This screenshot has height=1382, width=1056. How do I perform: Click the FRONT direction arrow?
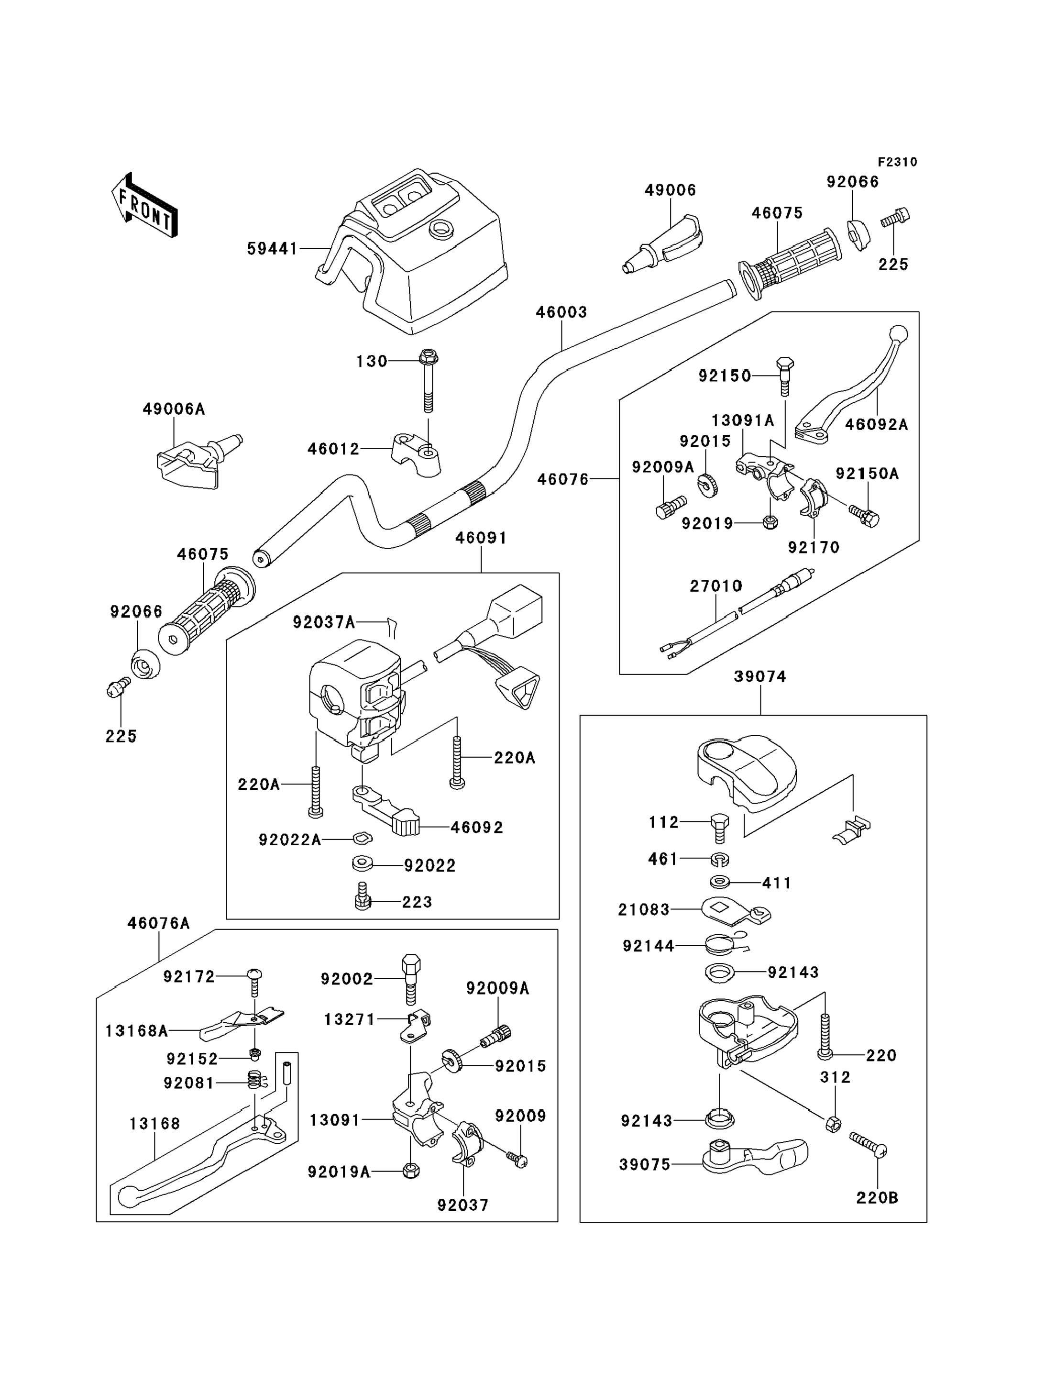(x=144, y=206)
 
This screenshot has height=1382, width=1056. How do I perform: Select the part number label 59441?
(x=272, y=249)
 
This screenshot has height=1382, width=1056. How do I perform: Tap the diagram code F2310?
(x=898, y=162)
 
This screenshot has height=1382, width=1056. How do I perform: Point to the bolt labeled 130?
(x=428, y=380)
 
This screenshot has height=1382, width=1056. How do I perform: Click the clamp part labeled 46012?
(x=416, y=454)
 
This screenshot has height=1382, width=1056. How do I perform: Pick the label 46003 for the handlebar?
(x=561, y=312)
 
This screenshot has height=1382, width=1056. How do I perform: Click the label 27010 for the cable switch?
(x=716, y=586)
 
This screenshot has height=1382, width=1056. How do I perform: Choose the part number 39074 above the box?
(x=760, y=676)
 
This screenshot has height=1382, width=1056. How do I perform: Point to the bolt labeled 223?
(x=362, y=896)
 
